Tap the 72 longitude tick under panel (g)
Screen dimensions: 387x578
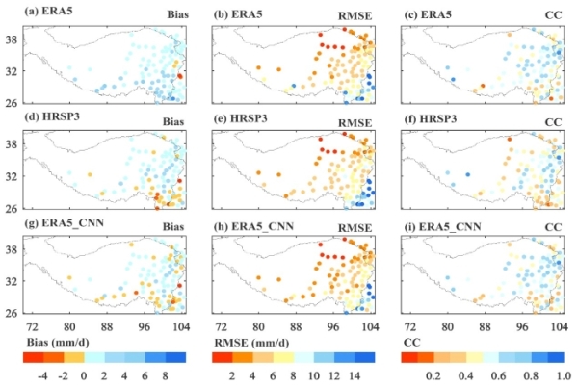tap(33, 326)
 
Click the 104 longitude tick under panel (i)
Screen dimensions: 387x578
tap(557, 326)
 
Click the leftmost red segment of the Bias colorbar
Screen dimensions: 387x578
tap(31, 357)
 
